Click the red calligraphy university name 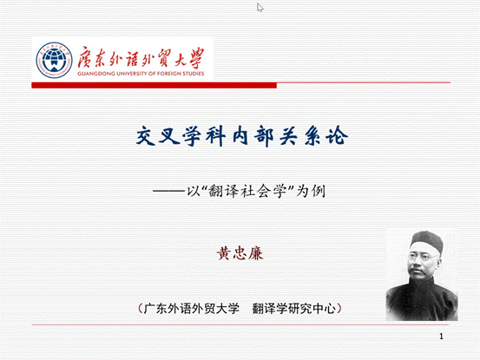(138, 57)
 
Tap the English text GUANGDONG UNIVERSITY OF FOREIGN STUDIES (140, 75)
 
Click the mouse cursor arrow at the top (260, 8)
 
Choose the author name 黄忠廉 (239, 255)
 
